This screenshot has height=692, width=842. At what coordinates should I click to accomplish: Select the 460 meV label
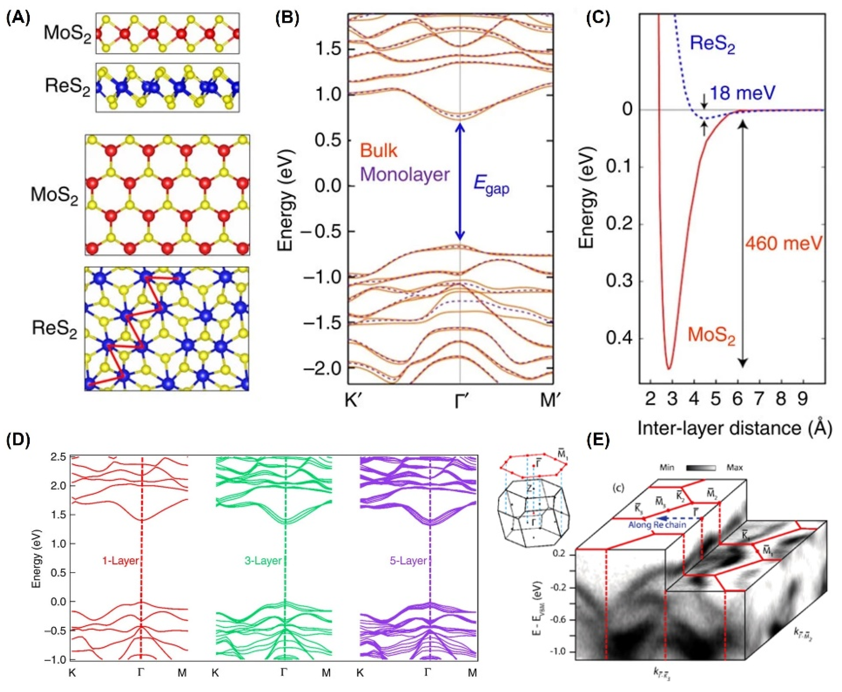pyautogui.click(x=784, y=243)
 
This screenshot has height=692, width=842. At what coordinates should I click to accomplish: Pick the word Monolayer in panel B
pyautogui.click(x=405, y=174)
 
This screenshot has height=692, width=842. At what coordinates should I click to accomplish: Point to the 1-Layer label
pyautogui.click(x=120, y=561)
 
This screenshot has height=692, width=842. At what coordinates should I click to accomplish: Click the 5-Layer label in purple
pyautogui.click(x=408, y=561)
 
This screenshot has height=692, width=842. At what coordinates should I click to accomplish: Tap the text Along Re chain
pyautogui.click(x=657, y=525)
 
